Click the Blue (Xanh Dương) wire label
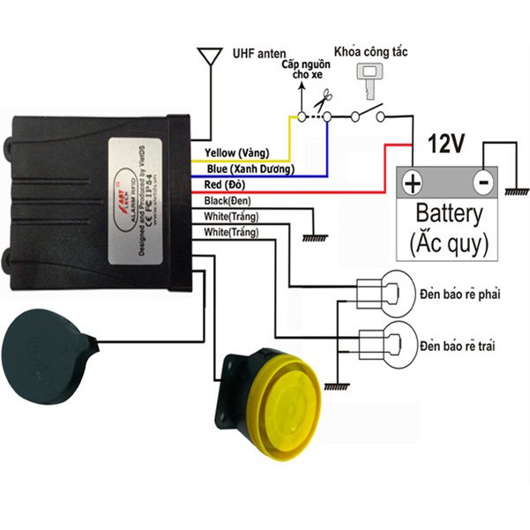pyautogui.click(x=250, y=168)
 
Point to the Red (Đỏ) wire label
pyautogui.click(x=225, y=184)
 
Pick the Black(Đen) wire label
pyautogui.click(x=228, y=201)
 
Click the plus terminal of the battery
pyautogui.click(x=412, y=183)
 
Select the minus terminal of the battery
pyautogui.click(x=481, y=183)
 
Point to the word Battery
pyautogui.click(x=448, y=213)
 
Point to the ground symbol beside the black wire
pyautogui.click(x=310, y=236)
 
